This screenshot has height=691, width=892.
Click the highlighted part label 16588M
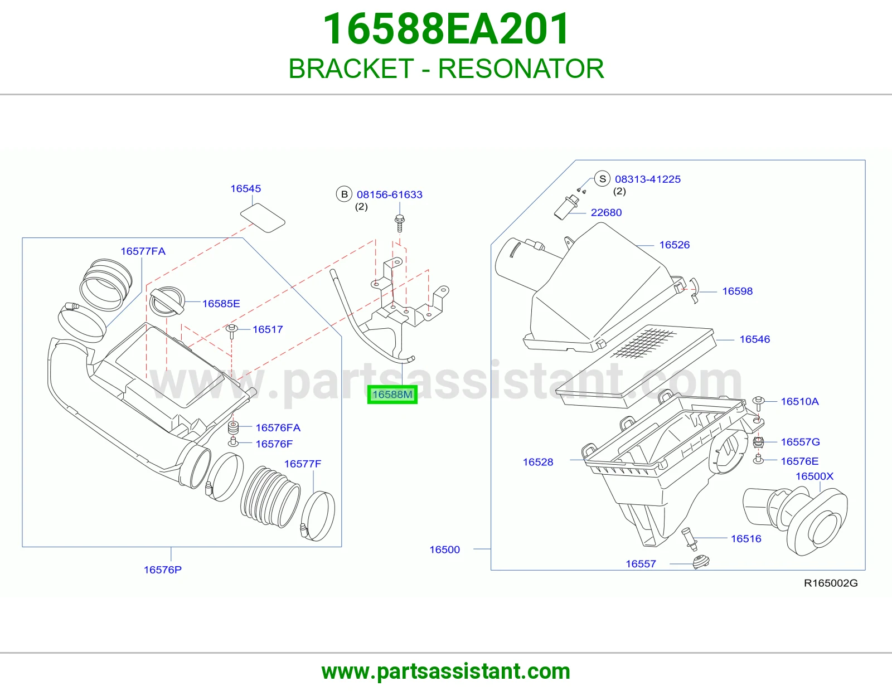[392, 395]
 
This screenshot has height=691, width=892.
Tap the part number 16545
[245, 188]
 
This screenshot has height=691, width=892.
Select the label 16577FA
[143, 251]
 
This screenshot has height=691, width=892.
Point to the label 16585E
[221, 304]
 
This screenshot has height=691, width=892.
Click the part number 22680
[606, 212]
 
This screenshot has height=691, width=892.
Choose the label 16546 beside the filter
[754, 339]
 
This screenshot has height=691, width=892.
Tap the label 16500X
[815, 476]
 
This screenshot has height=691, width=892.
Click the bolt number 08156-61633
[389, 194]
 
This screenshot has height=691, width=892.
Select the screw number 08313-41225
[647, 179]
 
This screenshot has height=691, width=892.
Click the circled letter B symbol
[344, 194]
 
